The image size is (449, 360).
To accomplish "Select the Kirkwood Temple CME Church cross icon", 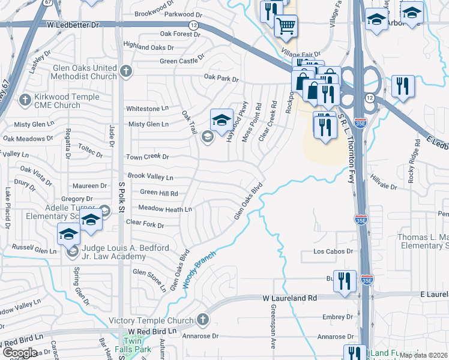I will click(x=26, y=99).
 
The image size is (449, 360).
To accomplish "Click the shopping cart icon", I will click(x=286, y=25).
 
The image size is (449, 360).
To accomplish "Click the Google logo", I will click(x=20, y=353).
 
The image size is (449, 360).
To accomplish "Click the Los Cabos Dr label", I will click(x=332, y=252).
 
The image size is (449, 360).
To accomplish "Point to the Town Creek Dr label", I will click(x=147, y=157).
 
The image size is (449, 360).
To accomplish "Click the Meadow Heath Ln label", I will click(x=165, y=209).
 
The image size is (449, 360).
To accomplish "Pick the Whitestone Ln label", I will click(x=147, y=109).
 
